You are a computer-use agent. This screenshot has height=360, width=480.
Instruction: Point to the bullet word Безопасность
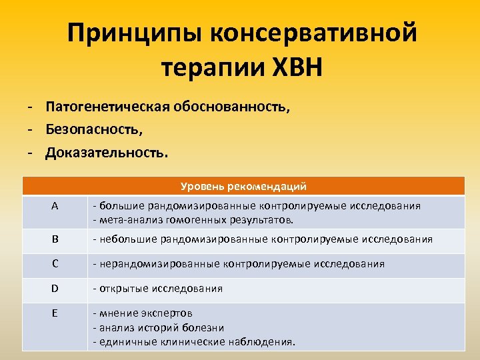tap(94, 129)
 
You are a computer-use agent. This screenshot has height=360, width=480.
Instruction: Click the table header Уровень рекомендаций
tap(243, 187)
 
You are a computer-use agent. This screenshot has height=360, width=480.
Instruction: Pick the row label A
tap(55, 207)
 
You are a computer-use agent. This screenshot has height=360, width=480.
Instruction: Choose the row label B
tap(55, 239)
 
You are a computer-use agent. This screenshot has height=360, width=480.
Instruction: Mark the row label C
tap(55, 263)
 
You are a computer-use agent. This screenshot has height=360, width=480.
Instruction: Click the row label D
tap(55, 289)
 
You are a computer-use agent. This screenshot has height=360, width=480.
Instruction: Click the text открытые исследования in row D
tap(160, 289)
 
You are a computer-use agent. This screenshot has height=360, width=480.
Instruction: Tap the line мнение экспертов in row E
tap(145, 313)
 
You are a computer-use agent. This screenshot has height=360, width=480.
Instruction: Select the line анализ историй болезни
tap(160, 327)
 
